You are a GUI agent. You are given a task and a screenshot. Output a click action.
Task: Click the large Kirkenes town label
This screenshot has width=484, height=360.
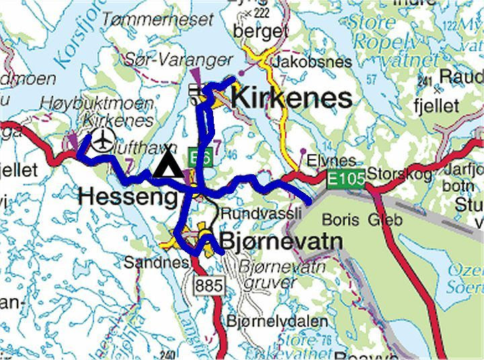(291, 98)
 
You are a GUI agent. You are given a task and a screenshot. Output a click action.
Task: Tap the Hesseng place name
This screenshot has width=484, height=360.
(129, 196)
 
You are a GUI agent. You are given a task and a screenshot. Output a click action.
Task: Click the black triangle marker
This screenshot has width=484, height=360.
(166, 165)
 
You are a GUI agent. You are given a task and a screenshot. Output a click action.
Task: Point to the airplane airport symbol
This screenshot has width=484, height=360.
(102, 141)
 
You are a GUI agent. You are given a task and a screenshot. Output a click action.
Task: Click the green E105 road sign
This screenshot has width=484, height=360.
(346, 180)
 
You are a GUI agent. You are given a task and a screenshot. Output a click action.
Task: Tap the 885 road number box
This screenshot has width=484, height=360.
(208, 285)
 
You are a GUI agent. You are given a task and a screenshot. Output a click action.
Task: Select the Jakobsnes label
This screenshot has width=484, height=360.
(312, 62)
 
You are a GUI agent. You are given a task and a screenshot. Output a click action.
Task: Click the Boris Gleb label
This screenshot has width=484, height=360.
(361, 219)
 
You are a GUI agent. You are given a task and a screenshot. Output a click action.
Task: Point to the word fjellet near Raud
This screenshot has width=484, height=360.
(437, 106)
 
